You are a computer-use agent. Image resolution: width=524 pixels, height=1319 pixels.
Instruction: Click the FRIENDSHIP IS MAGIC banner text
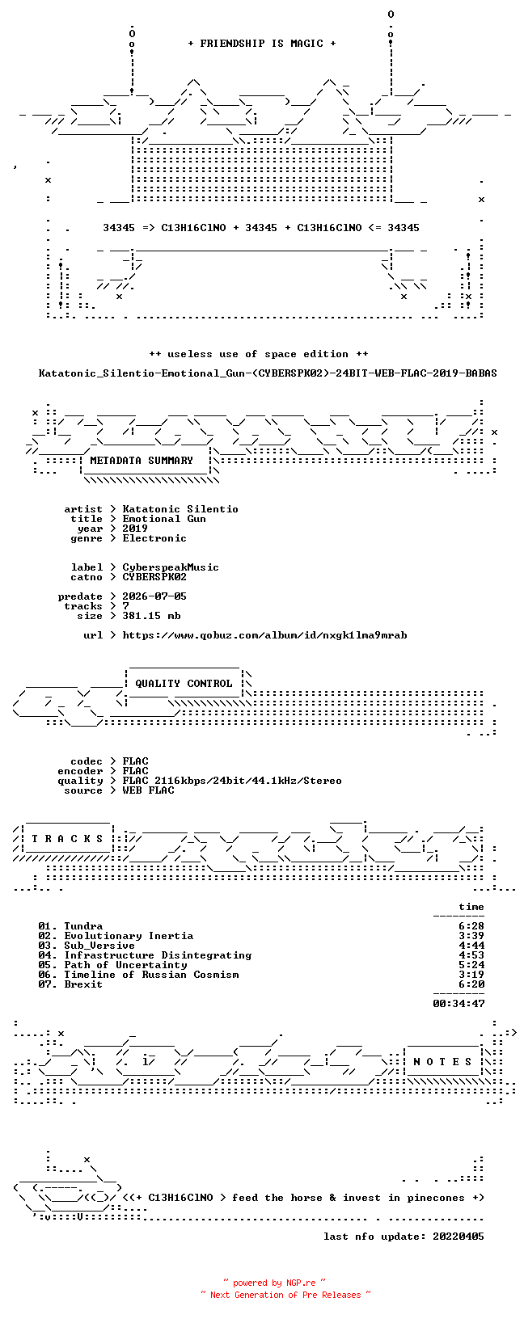tap(262, 44)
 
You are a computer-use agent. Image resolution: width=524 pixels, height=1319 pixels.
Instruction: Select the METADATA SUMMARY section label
tap(142, 461)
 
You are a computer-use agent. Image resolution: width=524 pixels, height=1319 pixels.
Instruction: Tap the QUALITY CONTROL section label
tap(184, 684)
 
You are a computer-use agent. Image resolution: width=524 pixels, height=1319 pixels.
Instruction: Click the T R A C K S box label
tap(67, 838)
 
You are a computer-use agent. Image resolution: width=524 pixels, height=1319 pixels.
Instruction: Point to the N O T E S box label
tap(442, 1062)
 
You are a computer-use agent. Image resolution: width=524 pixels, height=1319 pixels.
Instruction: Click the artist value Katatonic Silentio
tap(180, 509)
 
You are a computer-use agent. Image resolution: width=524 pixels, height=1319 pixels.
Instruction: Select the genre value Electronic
tap(154, 538)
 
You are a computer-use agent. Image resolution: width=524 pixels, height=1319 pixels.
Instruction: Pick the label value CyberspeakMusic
tap(171, 567)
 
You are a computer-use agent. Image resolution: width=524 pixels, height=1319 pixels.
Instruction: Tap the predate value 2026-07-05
tap(154, 596)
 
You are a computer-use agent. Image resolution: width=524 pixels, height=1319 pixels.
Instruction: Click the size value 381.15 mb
tap(151, 616)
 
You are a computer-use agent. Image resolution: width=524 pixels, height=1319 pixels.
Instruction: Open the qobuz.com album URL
tap(264, 635)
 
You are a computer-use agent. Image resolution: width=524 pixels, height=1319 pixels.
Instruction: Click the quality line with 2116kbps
tap(231, 781)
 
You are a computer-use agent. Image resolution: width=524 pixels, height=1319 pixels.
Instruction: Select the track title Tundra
tap(83, 926)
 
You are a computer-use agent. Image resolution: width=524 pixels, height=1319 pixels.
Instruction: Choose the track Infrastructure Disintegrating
tap(158, 955)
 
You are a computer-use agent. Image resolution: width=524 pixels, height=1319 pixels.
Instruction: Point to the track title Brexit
tap(83, 984)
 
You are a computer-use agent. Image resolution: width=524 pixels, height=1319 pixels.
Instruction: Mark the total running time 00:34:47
tap(458, 1003)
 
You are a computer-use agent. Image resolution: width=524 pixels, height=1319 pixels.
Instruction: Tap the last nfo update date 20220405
tap(458, 1236)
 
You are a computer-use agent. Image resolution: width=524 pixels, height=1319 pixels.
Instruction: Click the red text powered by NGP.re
tap(274, 1283)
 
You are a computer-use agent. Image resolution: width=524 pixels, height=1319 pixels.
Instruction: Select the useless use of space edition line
tap(258, 354)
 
